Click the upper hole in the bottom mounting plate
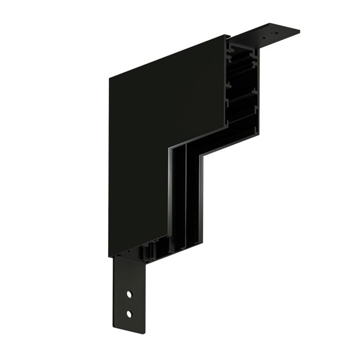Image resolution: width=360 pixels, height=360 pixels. [130, 295]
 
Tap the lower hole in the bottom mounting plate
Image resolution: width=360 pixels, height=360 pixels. [129, 313]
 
